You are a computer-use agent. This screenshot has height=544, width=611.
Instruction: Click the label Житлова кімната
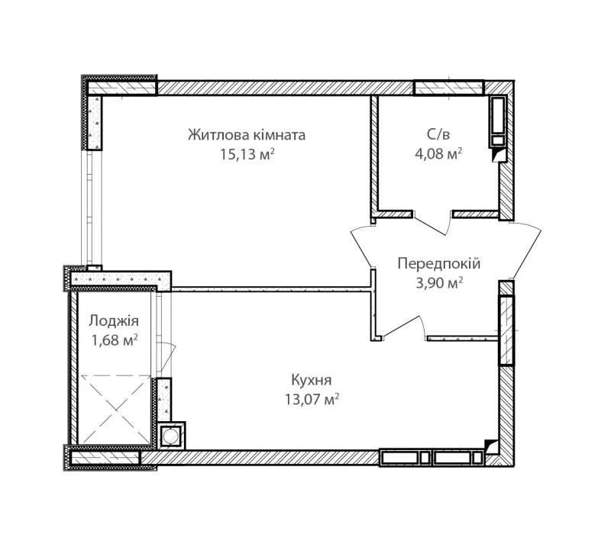(x=247, y=135)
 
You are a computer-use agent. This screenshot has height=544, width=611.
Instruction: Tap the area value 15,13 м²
(x=247, y=154)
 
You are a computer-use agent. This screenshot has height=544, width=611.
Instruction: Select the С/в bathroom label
(x=438, y=134)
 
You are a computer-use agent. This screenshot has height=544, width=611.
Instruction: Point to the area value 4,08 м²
(x=438, y=154)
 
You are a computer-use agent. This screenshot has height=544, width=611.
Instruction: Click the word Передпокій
(x=439, y=264)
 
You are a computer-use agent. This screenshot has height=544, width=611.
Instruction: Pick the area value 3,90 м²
(x=439, y=283)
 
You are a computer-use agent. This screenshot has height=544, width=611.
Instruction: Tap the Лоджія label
(x=113, y=321)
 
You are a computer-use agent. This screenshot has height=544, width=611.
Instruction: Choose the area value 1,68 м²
(x=114, y=340)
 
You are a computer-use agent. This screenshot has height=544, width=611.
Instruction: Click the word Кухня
(x=312, y=380)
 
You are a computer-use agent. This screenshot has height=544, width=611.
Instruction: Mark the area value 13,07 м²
(x=312, y=399)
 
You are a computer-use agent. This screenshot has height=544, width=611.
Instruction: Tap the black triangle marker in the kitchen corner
(x=491, y=445)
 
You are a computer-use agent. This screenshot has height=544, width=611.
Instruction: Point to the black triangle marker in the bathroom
(x=498, y=155)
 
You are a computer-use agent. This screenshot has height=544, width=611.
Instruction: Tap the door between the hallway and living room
(x=361, y=247)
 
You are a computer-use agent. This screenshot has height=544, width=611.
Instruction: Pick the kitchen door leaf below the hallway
(x=402, y=327)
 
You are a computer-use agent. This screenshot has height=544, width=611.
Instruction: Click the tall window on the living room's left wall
(x=92, y=208)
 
